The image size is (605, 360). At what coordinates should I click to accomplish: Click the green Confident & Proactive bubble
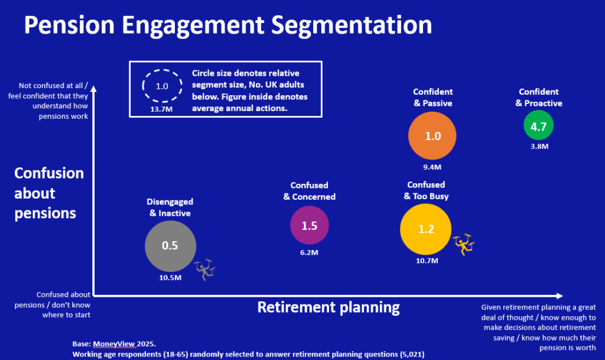click(538, 125)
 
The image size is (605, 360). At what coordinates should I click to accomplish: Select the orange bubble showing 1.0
click(432, 136)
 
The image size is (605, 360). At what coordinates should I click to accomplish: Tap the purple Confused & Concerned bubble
click(310, 225)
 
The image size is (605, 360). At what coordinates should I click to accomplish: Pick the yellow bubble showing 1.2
click(425, 229)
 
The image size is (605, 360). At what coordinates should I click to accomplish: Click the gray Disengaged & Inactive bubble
click(170, 246)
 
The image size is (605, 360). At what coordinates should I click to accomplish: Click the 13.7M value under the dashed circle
click(161, 109)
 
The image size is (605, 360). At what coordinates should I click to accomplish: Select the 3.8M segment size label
click(539, 146)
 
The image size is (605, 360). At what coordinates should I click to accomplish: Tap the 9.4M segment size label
click(432, 167)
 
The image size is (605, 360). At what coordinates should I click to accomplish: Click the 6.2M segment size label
click(309, 253)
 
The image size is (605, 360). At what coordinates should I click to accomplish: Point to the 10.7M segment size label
click(427, 261)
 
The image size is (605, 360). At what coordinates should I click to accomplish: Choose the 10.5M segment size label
click(170, 278)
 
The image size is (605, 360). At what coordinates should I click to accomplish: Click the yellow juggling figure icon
click(463, 245)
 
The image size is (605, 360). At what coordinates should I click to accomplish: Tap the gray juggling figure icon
click(205, 270)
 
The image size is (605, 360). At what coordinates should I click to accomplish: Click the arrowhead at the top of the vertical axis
click(93, 89)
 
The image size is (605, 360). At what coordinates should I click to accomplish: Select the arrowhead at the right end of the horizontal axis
click(560, 296)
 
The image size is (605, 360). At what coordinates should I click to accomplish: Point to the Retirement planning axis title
click(328, 307)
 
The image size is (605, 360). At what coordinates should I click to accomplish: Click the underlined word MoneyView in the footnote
click(114, 344)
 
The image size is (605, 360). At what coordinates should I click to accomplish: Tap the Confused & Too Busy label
click(426, 190)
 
